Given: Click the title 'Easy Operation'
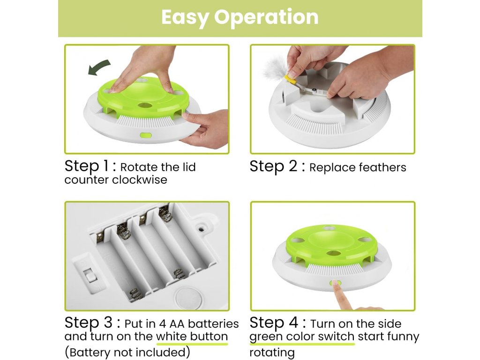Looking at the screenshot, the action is [x=240, y=17].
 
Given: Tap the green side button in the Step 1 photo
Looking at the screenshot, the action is [x=146, y=135].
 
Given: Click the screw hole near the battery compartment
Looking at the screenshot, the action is [x=202, y=229].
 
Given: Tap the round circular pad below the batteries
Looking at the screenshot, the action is [x=189, y=298].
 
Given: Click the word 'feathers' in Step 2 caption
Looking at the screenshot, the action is [x=382, y=167].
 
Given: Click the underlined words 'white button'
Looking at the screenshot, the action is [x=192, y=337].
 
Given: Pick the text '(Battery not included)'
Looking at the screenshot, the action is [x=127, y=352].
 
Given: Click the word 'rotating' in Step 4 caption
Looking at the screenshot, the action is [x=272, y=352].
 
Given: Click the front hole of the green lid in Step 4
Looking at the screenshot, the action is [x=334, y=254].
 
